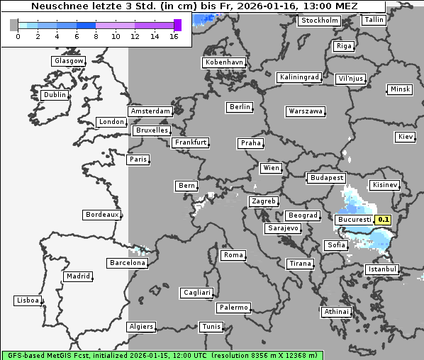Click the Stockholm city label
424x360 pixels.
[318, 21]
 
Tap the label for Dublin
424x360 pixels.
[55, 95]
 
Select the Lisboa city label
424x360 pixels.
[28, 300]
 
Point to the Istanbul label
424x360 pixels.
[382, 269]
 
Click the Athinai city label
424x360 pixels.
[336, 312]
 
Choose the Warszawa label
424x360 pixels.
[306, 111]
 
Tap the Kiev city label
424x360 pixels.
[406, 136]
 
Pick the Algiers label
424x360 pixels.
[140, 327]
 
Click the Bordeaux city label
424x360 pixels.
[101, 214]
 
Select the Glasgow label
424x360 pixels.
[69, 61]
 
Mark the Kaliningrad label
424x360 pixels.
[299, 77]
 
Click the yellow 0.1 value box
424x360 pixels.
[383, 220]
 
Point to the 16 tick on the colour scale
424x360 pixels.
[174, 36]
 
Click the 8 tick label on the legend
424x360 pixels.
[96, 36]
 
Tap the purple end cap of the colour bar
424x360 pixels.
[177, 25]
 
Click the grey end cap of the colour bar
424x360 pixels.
[14, 25]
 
